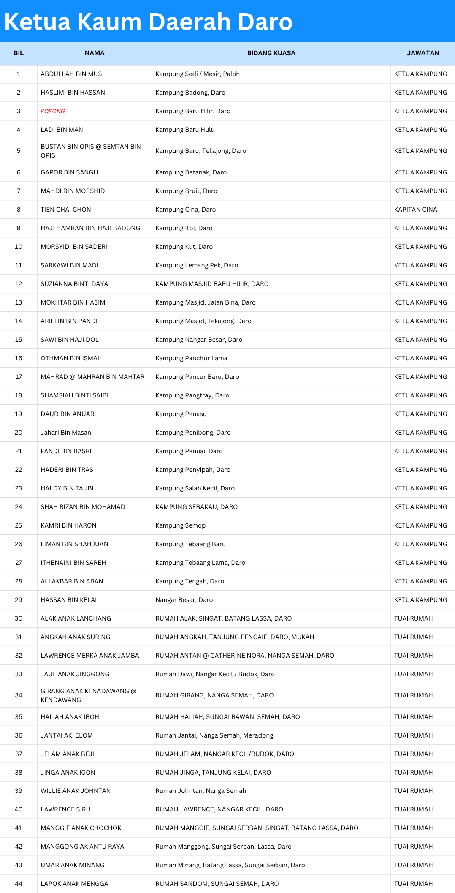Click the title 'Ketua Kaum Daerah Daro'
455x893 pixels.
[x=148, y=22]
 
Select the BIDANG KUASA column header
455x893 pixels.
[x=271, y=53]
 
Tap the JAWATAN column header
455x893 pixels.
[x=422, y=53]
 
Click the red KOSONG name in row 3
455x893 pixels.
[x=53, y=111]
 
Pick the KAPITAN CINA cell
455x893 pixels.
[x=415, y=210]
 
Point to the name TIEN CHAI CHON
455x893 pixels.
[x=66, y=210]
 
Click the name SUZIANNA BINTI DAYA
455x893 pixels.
[x=74, y=284]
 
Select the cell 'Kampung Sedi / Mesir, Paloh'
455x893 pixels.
[x=198, y=74]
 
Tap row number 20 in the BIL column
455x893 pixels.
[x=19, y=433]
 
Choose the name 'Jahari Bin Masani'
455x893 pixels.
[x=67, y=433]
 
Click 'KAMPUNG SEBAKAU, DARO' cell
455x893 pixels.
[x=197, y=507]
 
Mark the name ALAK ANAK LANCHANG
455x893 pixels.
[x=76, y=618]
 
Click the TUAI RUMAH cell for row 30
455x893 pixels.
[x=413, y=618]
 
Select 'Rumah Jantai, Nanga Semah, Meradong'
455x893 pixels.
[x=214, y=735]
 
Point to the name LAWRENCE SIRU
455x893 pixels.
[x=65, y=809]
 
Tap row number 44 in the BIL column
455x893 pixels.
[x=19, y=884]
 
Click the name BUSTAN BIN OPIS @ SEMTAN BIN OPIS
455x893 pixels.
[x=90, y=151]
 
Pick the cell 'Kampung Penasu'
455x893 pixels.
[x=181, y=414]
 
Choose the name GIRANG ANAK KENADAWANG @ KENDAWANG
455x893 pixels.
[x=88, y=695]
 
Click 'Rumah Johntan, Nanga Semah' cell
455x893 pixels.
[x=201, y=791]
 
